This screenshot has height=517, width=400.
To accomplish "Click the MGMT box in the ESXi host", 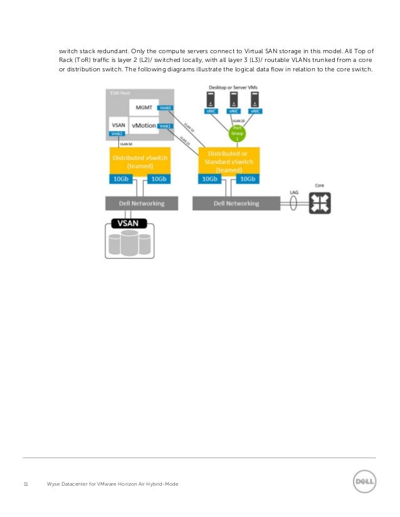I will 144,108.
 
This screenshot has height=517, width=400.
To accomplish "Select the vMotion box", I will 144,127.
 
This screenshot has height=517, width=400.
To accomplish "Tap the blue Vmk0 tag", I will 166,108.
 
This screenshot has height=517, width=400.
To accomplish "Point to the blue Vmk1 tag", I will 166,126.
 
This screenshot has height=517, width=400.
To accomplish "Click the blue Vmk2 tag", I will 117,133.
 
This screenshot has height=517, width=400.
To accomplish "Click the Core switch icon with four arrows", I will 320,203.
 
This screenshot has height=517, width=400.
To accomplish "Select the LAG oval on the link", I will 293,203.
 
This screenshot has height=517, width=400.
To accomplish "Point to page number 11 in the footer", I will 26,484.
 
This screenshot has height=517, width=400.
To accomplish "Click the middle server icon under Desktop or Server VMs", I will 233,98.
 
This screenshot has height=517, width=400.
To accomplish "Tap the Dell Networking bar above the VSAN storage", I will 141,203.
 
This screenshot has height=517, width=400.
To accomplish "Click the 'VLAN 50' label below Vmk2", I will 117,144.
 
